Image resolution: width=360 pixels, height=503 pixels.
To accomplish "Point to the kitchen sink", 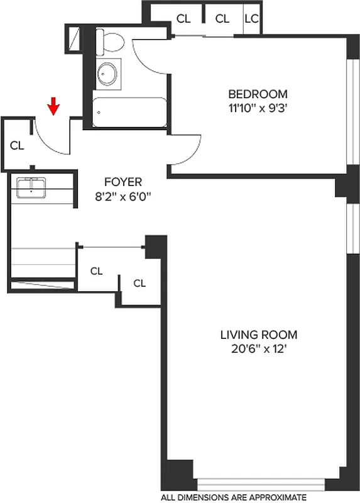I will [x=30, y=187].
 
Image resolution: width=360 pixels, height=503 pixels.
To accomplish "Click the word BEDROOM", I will [x=258, y=94].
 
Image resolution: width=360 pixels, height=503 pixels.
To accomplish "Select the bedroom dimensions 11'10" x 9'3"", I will [x=258, y=108].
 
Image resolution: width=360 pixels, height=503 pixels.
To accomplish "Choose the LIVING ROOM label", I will [x=258, y=335].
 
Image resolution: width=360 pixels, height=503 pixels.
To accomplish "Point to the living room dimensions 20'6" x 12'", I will [x=258, y=349].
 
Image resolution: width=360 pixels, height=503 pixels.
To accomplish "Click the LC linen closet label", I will [x=251, y=19].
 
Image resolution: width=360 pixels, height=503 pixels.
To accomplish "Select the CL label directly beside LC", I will [x=222, y=19].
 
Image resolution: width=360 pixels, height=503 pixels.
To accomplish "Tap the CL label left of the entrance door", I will [x=17, y=145].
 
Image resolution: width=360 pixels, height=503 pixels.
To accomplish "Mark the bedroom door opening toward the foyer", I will [x=185, y=151].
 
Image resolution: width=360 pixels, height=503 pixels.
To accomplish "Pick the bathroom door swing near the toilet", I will [x=148, y=53].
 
